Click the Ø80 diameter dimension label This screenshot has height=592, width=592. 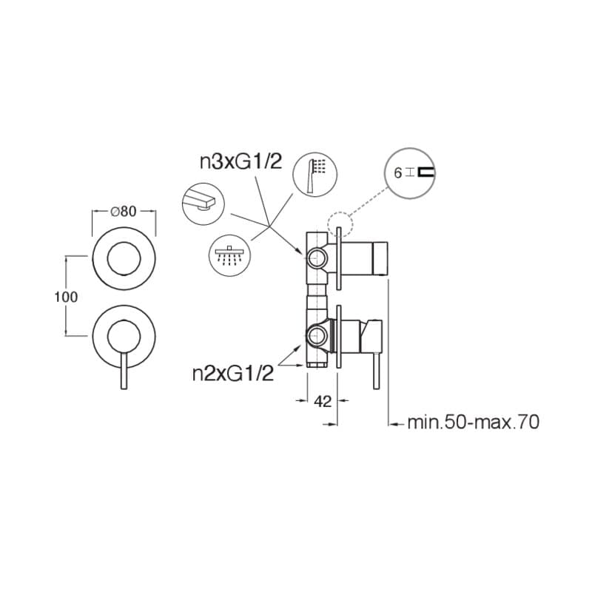click(x=124, y=212)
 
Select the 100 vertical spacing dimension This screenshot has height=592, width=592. click(x=66, y=297)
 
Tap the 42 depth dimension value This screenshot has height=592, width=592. click(x=323, y=401)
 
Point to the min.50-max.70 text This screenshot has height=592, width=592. click(x=474, y=422)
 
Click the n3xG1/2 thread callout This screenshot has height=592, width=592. click(x=241, y=162)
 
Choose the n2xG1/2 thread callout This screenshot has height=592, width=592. click(x=232, y=374)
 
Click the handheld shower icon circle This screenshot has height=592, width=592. click(x=315, y=175)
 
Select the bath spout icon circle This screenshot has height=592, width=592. click(x=203, y=204)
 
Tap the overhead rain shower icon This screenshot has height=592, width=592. click(x=230, y=255)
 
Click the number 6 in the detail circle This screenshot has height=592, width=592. click(x=397, y=173)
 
